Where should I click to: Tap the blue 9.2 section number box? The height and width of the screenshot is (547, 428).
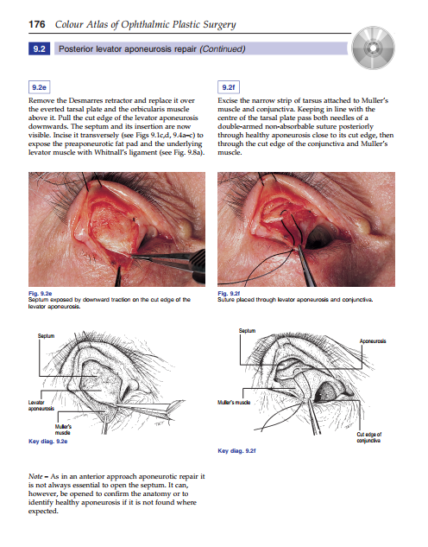click(37, 49)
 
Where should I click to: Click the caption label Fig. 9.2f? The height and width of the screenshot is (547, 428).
click(231, 296)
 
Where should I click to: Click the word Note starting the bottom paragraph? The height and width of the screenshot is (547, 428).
click(39, 477)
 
